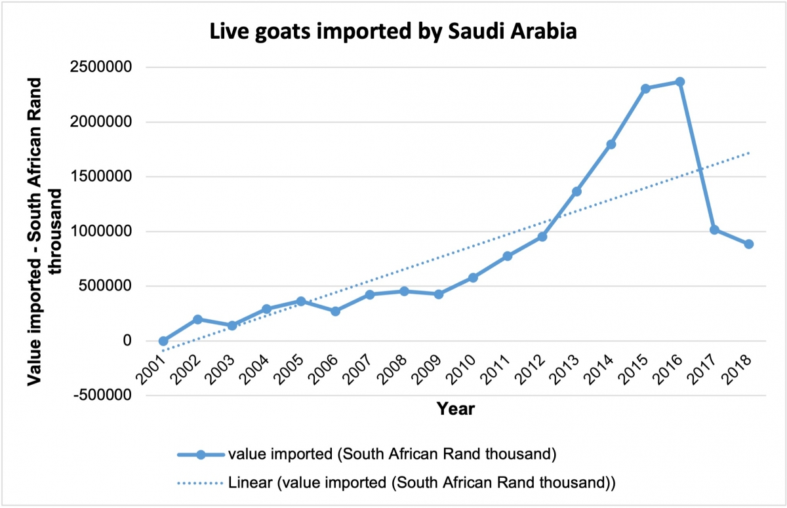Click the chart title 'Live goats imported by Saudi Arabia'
pos(393,31)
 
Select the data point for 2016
pos(679,82)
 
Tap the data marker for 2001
pos(163,341)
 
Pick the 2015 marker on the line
pos(645,88)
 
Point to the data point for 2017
pos(714,230)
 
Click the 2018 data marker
pos(748,244)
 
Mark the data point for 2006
pos(335,311)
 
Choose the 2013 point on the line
pos(576,191)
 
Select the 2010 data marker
pos(473,278)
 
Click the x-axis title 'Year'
pos(456,410)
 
